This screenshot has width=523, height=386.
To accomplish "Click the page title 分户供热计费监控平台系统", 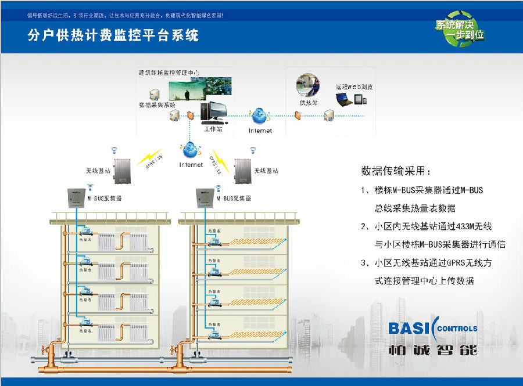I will [113, 35].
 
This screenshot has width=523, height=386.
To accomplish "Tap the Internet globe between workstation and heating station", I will [260, 115].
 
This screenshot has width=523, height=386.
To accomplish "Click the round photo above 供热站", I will [309, 86].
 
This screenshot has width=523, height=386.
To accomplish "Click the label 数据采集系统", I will [156, 105].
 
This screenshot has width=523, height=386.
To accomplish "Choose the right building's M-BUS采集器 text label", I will [234, 199].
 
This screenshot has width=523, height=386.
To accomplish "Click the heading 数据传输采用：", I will [396, 171].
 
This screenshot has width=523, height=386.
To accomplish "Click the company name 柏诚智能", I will [432, 349].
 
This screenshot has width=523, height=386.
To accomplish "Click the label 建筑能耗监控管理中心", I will [169, 73].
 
